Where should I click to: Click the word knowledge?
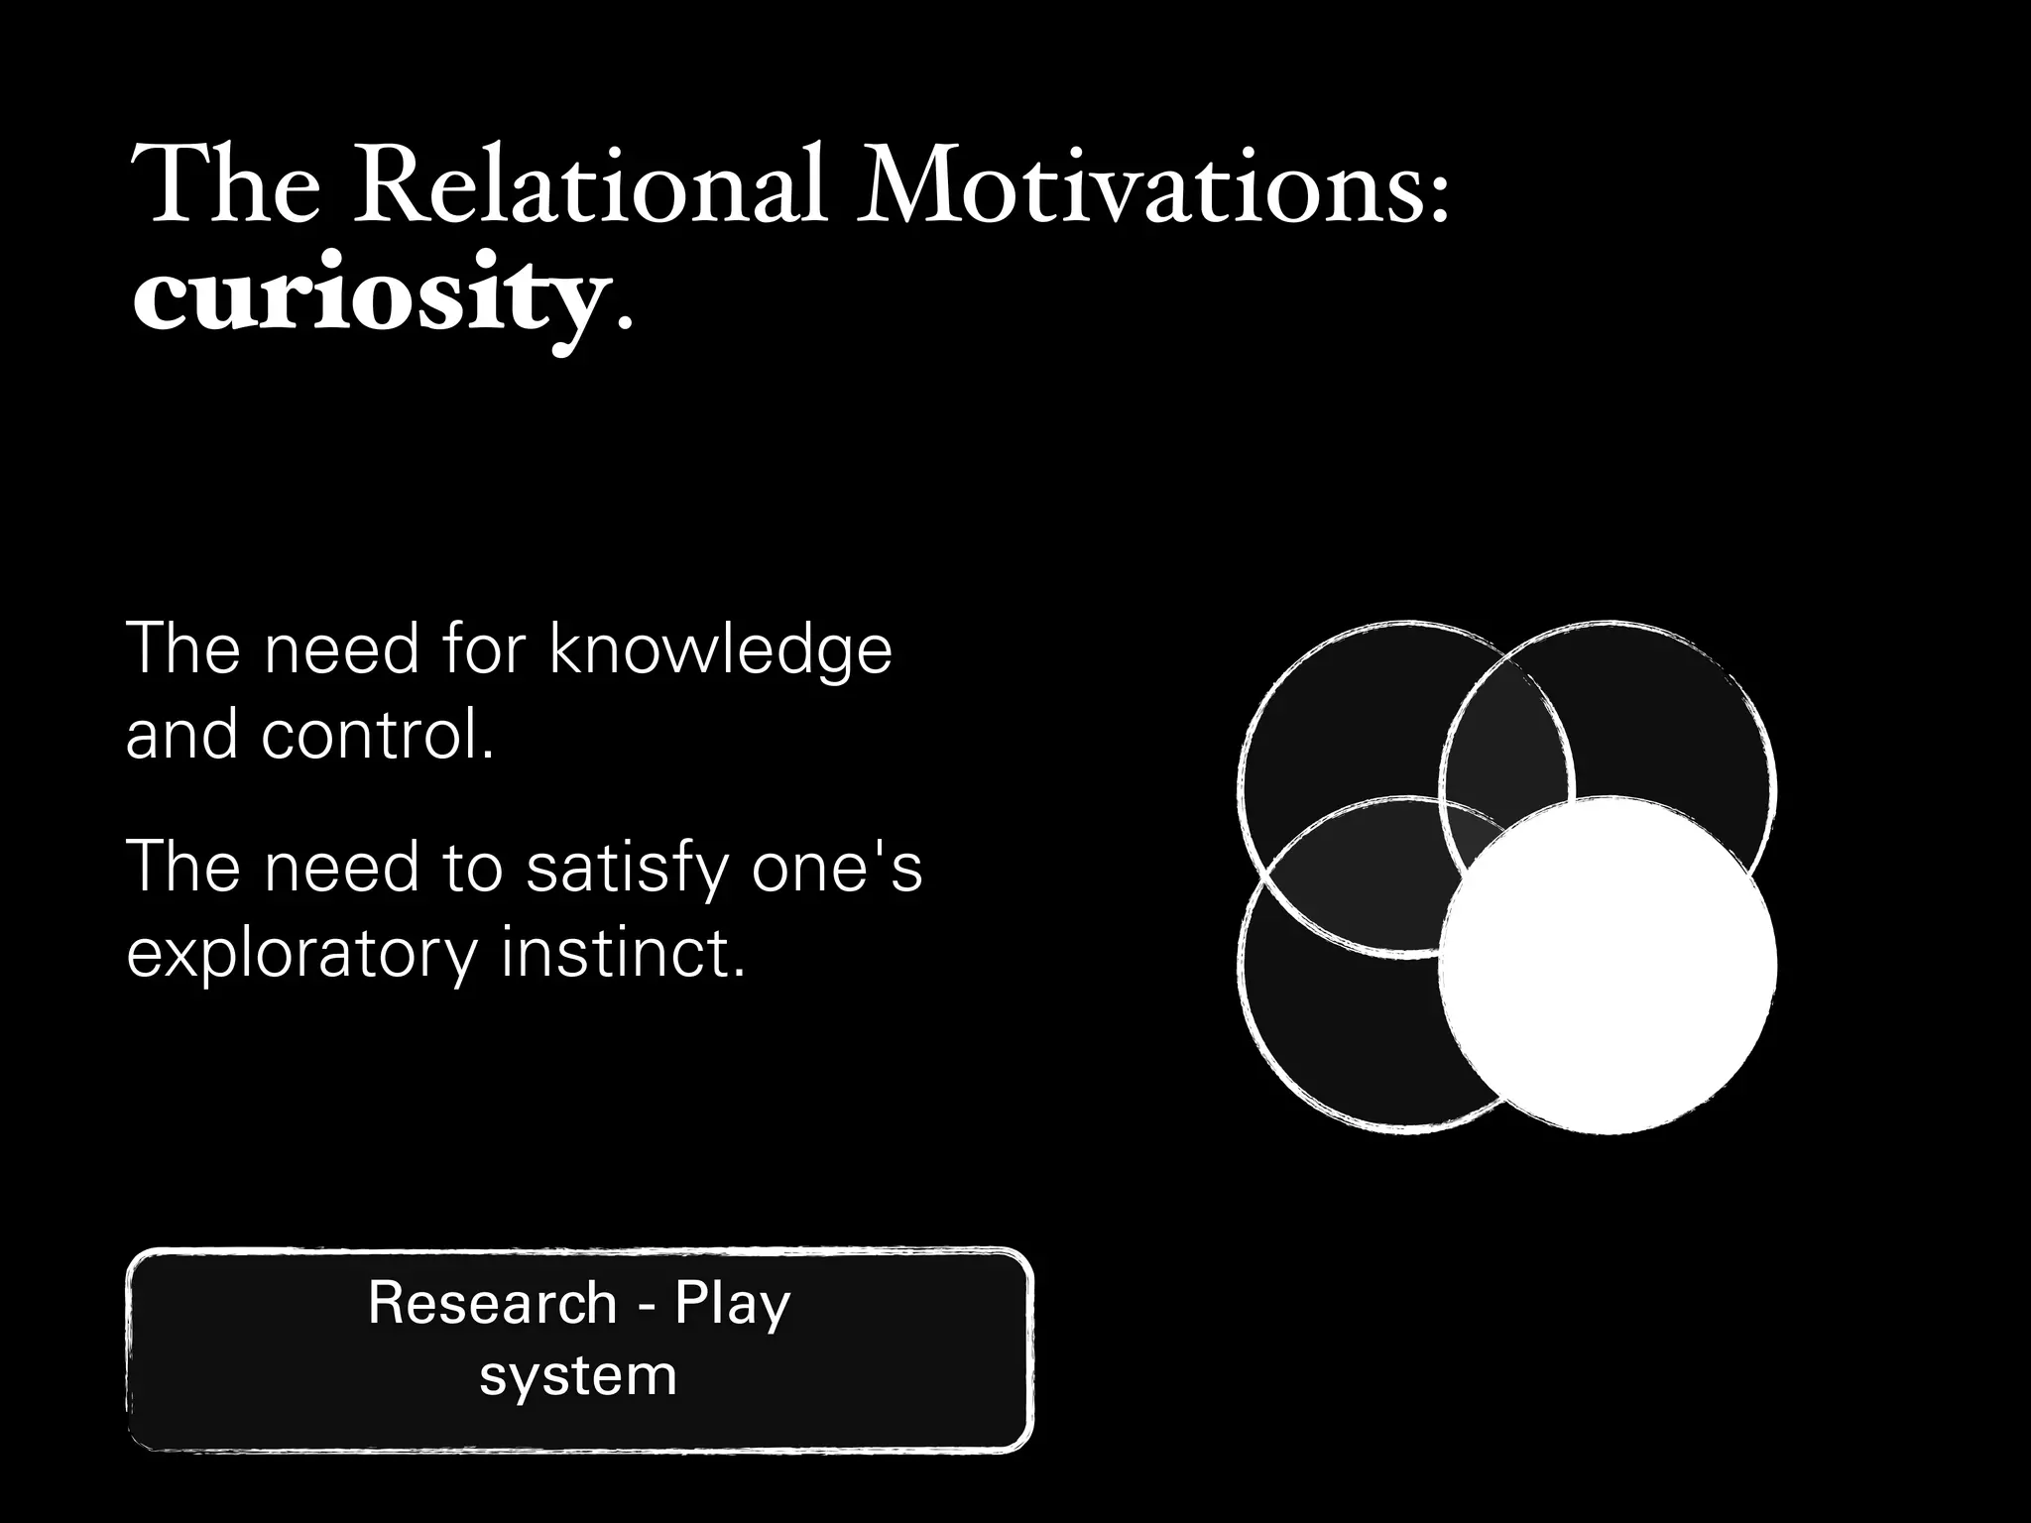[x=720, y=651]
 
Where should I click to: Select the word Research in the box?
[x=492, y=1303]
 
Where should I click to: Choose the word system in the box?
[x=578, y=1376]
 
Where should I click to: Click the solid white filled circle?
[x=1607, y=966]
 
